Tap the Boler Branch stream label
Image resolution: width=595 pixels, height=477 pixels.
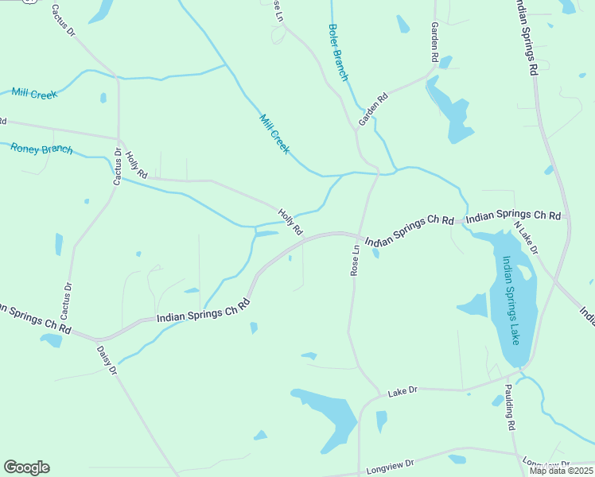point(338,52)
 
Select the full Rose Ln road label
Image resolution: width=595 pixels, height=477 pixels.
point(356,260)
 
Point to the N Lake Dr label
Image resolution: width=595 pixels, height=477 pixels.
point(526,238)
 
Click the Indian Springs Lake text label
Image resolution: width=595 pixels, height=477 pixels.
point(509,299)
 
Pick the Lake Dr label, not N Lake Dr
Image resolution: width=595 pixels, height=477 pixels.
point(402,393)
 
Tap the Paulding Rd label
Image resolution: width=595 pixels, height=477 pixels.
point(510,408)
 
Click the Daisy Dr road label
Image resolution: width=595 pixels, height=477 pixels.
point(107,360)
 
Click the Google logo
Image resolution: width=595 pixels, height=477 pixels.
point(26,467)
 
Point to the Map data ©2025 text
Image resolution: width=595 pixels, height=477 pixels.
point(561,471)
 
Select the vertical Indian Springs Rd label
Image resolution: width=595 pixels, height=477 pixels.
point(526,38)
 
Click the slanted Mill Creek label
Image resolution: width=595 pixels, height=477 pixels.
point(274,134)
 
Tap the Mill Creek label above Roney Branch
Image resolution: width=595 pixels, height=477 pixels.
point(34,94)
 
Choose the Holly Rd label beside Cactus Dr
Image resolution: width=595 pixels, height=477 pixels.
point(137,165)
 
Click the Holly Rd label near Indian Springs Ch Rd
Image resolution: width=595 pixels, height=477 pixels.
point(290,222)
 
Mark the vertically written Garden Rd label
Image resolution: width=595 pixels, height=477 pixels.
point(435,42)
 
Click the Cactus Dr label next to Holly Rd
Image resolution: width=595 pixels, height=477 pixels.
point(118,167)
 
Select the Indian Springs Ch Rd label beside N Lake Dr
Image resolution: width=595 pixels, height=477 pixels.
point(514,215)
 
